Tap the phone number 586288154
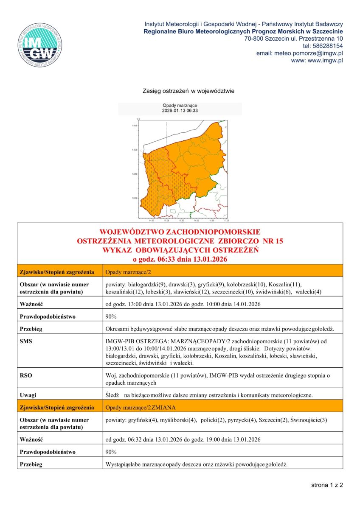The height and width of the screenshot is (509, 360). pos(323,46)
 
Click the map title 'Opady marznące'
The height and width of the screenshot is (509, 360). pos(180,106)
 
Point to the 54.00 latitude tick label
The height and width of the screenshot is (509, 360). pos(135,150)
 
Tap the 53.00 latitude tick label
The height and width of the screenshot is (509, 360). pos(135,198)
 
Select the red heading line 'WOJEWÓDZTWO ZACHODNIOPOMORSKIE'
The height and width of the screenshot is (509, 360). pos(180,232)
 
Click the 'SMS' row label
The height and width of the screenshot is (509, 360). pos(26,341)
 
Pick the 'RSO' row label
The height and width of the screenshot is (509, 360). pos(26,375)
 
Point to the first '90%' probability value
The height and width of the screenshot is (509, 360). pos(111,316)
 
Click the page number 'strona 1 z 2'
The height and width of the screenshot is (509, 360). pos(326,485)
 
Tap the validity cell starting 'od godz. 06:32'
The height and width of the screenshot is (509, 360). pos(183,439)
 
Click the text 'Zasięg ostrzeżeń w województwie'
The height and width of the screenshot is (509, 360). pos(188,91)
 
